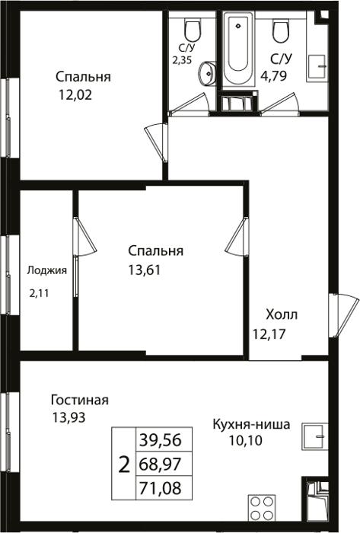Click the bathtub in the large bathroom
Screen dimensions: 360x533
238,48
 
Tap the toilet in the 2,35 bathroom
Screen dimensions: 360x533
193,30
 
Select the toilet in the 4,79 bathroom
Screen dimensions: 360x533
281,30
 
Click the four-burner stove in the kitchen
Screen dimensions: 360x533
262,507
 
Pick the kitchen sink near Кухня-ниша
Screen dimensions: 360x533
316,436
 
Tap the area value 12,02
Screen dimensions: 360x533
75,95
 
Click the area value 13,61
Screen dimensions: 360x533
144,270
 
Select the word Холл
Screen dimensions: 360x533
282,314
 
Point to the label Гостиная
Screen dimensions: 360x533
79,400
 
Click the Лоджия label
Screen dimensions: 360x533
47,270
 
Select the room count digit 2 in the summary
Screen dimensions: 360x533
124,464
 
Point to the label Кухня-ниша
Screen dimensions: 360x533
251,424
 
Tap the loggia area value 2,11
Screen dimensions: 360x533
39,293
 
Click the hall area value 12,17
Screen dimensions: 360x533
269,334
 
